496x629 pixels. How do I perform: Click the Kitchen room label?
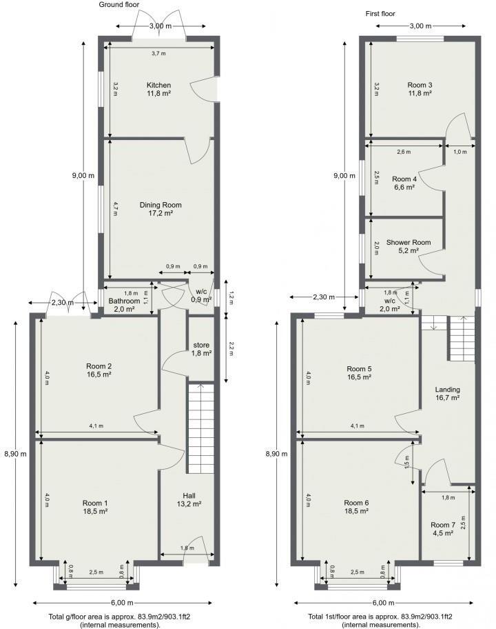[x=158, y=86]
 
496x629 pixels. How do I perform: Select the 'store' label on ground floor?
[x=201, y=345]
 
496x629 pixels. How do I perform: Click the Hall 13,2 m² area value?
[x=189, y=504]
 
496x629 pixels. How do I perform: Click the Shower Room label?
[x=409, y=242]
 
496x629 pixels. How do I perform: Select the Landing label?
[x=447, y=390]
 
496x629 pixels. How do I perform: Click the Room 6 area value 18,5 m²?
[x=357, y=511]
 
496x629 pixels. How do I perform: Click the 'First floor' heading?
[x=380, y=14]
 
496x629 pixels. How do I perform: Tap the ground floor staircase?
[x=200, y=428]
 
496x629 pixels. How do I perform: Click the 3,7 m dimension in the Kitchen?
[x=158, y=53]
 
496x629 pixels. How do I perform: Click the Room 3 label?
[x=420, y=86]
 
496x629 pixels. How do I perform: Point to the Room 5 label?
[x=360, y=368]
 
